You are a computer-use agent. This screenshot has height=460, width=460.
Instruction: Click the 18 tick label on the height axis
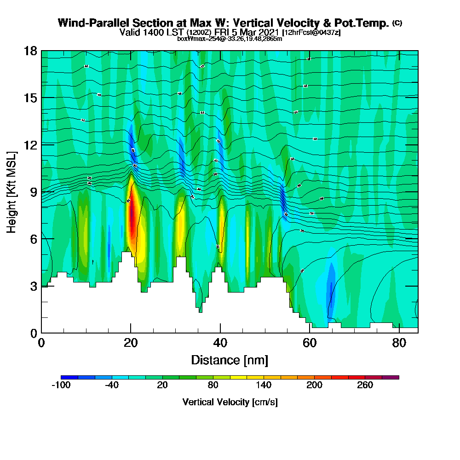point(31,51)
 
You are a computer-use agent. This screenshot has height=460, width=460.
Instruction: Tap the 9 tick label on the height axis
point(34,192)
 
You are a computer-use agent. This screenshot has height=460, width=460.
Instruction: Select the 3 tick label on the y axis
point(34,286)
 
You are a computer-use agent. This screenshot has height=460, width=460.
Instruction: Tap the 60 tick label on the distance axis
point(310,343)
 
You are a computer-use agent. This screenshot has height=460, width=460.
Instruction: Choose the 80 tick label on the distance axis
point(399,343)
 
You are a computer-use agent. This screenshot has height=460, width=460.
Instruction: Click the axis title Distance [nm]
point(230,360)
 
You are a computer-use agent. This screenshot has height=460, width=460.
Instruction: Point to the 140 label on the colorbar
point(264,385)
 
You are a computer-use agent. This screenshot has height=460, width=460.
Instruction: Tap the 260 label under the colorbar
point(365,385)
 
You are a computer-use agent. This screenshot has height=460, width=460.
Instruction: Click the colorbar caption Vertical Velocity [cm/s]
point(230,402)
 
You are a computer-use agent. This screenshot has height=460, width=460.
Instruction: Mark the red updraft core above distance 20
point(132,216)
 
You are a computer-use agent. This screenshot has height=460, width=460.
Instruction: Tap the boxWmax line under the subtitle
point(230,39)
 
